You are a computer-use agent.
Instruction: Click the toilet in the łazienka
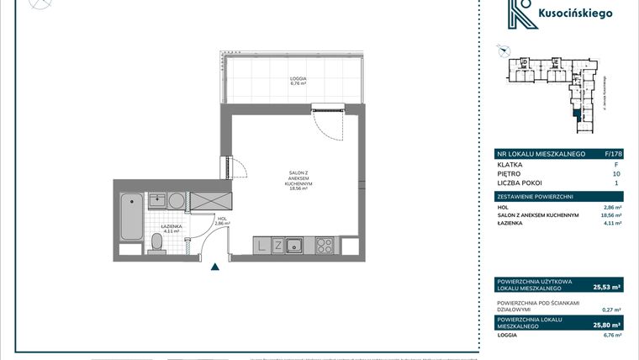tap(156, 243)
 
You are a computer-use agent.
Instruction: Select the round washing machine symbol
tap(176, 201)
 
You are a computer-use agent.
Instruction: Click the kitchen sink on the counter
tap(295, 246)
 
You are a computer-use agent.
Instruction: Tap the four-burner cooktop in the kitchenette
tap(324, 246)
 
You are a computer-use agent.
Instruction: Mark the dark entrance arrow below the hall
tap(215, 267)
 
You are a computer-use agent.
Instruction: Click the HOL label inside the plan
tap(222, 220)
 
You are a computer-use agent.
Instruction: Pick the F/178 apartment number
tap(612, 154)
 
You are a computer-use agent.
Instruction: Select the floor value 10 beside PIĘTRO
tap(617, 173)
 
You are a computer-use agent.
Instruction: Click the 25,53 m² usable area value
tap(607, 286)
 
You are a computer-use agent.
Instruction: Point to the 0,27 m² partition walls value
tap(612, 309)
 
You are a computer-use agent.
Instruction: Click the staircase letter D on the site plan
tap(523, 62)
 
